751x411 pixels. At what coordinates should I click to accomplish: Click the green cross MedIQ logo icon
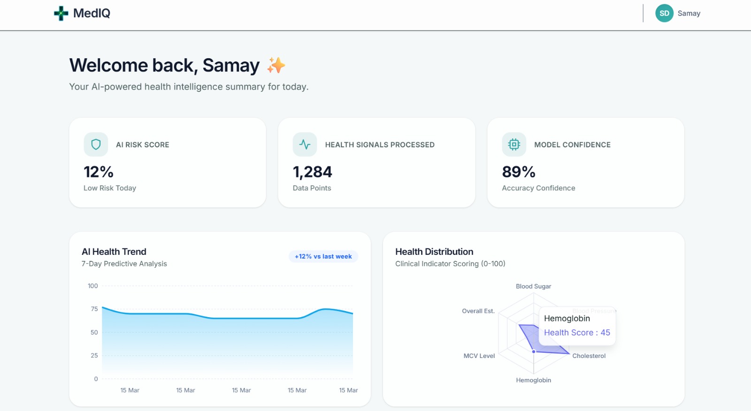click(x=61, y=13)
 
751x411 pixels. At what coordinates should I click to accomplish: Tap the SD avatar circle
click(x=664, y=13)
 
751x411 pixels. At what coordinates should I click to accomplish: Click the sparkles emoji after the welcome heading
click(x=276, y=65)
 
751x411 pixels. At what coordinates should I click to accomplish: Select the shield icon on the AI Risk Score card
click(x=96, y=145)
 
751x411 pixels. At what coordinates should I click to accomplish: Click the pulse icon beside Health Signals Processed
click(x=305, y=145)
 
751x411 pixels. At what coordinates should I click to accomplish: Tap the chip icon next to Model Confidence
click(x=514, y=145)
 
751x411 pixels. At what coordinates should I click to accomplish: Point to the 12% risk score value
click(x=99, y=172)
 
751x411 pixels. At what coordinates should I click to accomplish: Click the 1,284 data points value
click(x=312, y=172)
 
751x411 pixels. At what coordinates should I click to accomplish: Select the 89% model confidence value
click(x=519, y=172)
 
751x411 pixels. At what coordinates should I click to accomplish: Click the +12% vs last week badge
click(x=323, y=257)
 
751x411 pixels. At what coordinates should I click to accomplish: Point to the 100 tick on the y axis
click(x=93, y=286)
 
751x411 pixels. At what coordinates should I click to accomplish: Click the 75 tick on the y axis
click(x=94, y=309)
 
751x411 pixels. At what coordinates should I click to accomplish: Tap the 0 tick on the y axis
click(x=96, y=379)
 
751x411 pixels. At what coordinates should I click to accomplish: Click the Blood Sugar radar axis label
click(x=533, y=286)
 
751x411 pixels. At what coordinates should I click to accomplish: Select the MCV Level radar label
click(x=479, y=356)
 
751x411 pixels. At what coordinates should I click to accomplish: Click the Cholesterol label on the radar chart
click(x=589, y=356)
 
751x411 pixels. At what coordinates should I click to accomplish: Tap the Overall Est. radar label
click(x=478, y=311)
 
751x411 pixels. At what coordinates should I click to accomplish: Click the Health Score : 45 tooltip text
click(x=577, y=333)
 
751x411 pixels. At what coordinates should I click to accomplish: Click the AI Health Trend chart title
click(x=114, y=252)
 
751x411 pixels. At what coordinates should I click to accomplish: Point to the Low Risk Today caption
click(x=110, y=188)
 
